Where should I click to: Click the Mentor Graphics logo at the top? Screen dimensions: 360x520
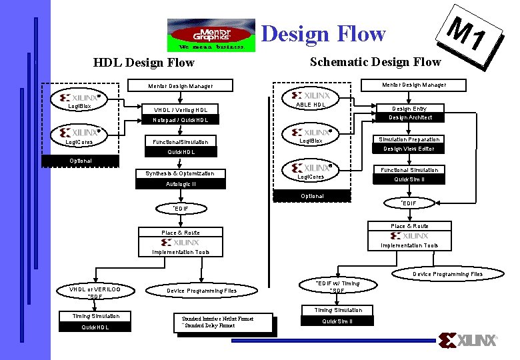coord(211,35)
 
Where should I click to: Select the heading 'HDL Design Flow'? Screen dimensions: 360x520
coord(144,63)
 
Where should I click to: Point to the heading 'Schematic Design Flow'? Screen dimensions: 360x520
coord(375,61)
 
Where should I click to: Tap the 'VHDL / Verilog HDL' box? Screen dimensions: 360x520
coord(181,110)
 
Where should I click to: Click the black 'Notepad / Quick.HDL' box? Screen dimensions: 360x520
coord(181,121)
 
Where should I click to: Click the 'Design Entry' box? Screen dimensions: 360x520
coord(409,108)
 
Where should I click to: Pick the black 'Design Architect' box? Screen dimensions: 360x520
coord(409,117)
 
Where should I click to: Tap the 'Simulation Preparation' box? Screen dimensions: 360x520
coord(409,139)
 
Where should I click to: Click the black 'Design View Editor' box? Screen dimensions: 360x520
coord(409,149)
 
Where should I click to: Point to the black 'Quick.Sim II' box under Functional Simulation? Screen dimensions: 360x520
coord(409,179)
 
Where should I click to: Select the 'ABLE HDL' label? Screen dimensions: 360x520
coord(311,105)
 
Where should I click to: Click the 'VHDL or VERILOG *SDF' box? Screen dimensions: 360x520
coord(95,292)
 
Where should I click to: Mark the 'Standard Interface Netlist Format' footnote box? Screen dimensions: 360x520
coord(222,322)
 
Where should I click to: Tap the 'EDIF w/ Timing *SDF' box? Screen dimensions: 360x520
coord(337,287)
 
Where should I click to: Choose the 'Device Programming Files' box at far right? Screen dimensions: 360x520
coord(447,274)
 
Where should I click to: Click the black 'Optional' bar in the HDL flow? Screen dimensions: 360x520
coord(80,161)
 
